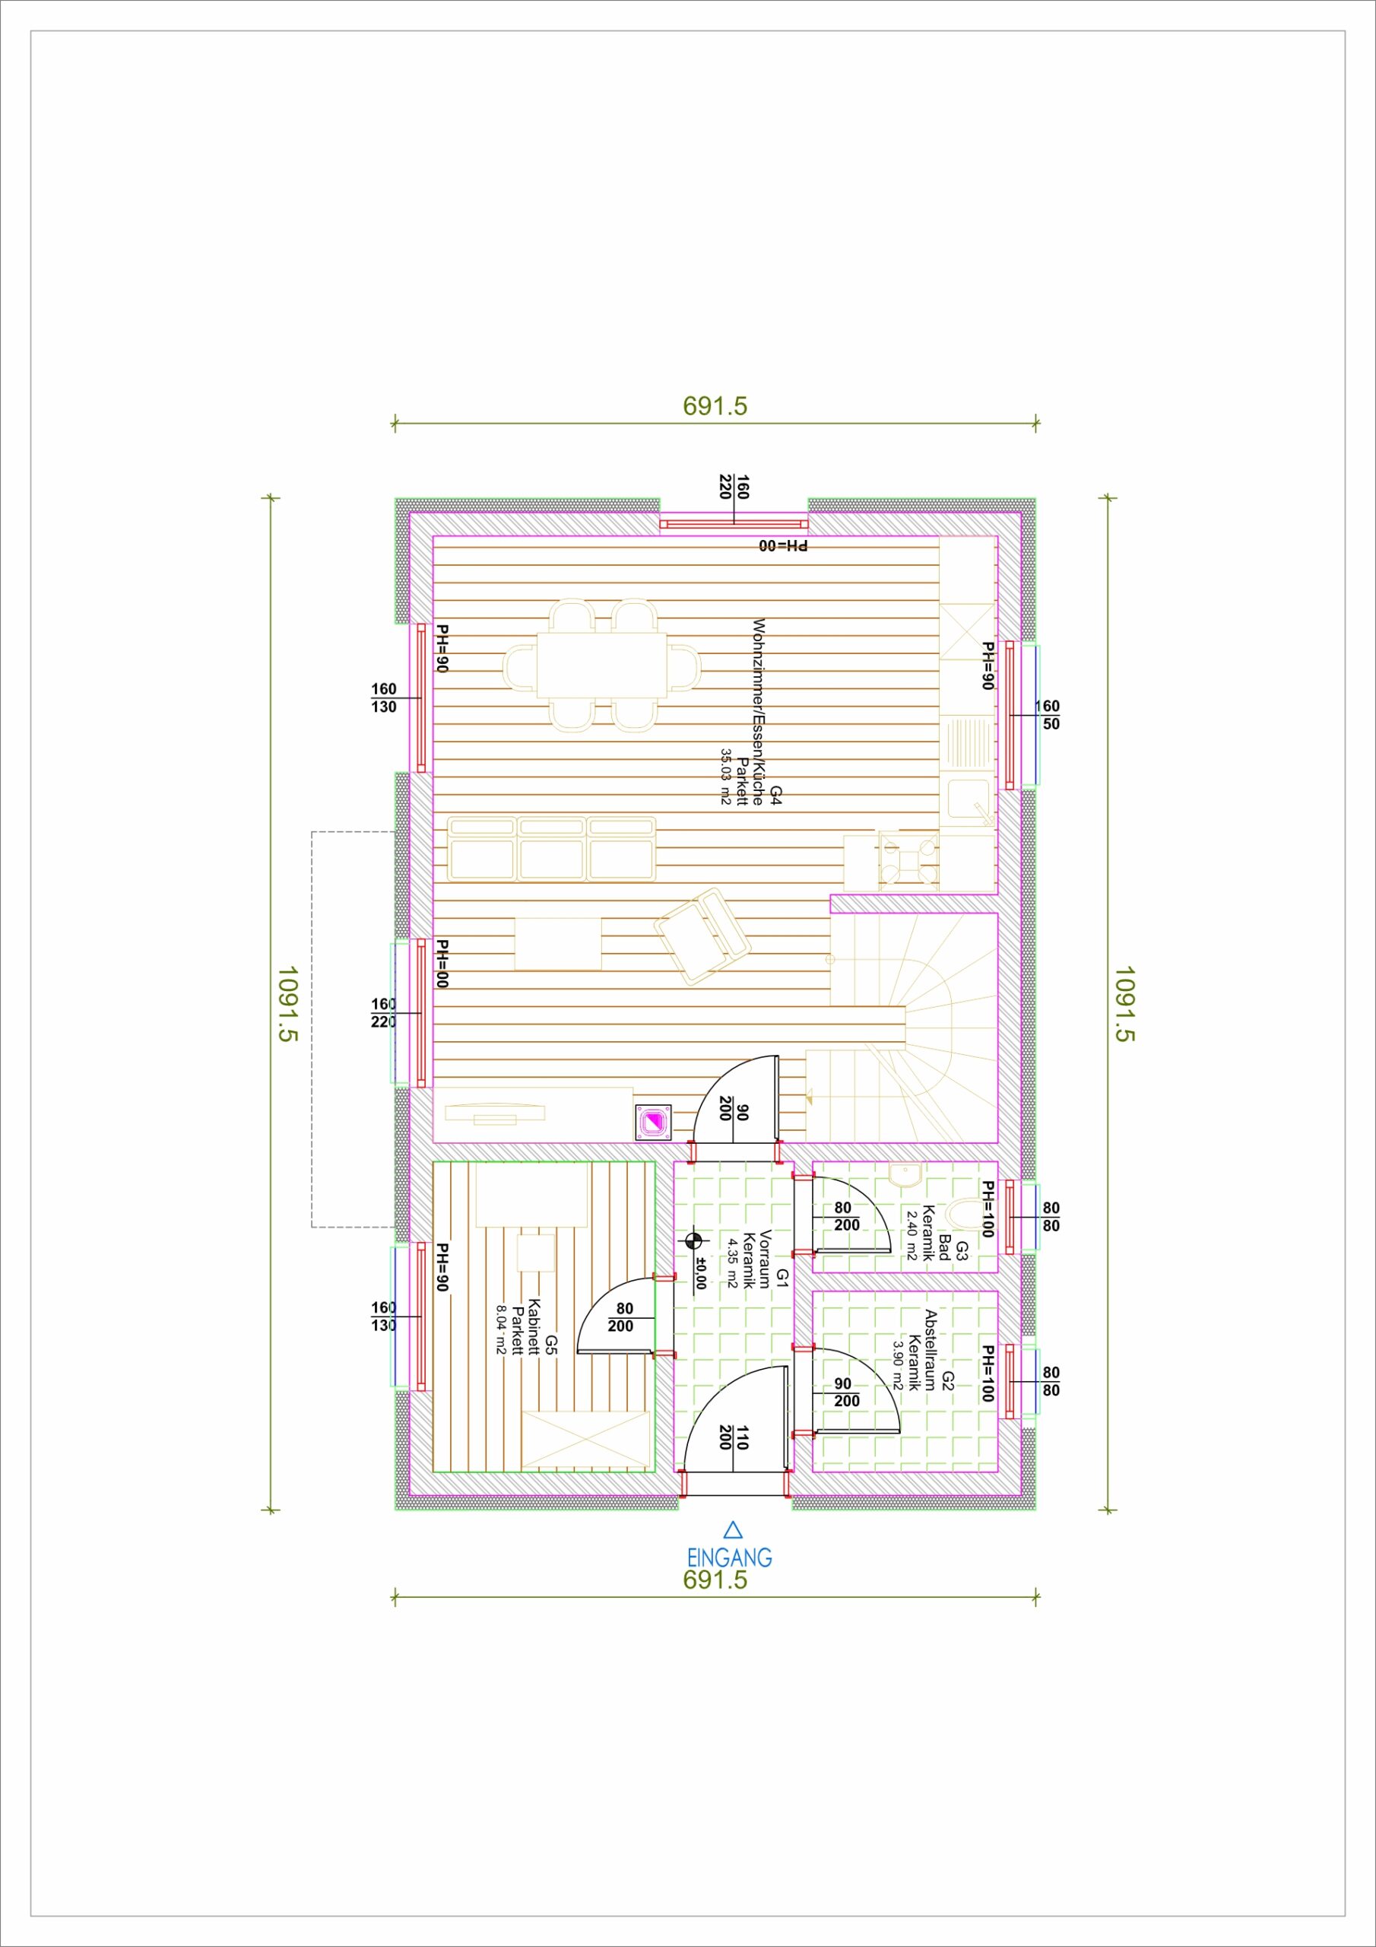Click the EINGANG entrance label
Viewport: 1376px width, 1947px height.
(x=729, y=1557)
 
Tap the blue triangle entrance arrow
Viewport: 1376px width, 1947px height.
(x=734, y=1529)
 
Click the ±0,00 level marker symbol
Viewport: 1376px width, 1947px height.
(x=694, y=1240)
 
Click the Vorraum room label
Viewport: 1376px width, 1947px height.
(x=766, y=1259)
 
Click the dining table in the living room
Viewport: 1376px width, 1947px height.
(x=598, y=665)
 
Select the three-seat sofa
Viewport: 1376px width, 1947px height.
(x=551, y=849)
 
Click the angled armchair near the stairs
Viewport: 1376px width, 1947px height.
(x=702, y=936)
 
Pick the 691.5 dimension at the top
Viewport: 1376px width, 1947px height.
(x=715, y=406)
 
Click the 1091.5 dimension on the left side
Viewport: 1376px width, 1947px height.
(x=288, y=1003)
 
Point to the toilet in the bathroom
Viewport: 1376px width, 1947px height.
(x=965, y=1214)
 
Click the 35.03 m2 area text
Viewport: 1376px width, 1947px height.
(x=726, y=776)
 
